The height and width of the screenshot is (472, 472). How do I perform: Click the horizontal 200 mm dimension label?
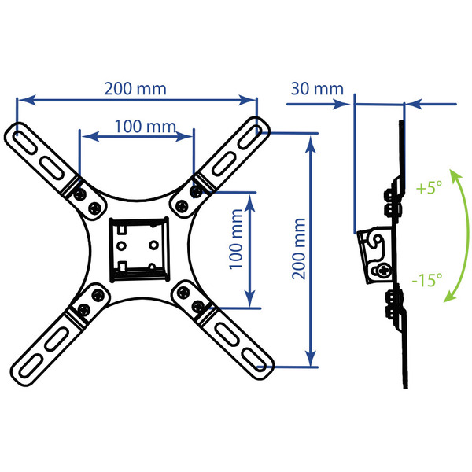[135, 89]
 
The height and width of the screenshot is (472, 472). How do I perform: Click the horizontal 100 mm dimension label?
[146, 127]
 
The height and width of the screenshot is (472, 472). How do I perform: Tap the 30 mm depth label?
[317, 89]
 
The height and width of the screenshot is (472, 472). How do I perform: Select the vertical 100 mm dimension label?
[236, 239]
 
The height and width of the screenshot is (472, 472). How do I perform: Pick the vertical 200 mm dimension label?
[299, 249]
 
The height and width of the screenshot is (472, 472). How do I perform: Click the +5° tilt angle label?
[429, 188]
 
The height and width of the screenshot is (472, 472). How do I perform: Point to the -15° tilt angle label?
[427, 279]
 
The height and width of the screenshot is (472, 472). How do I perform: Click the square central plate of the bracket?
[139, 249]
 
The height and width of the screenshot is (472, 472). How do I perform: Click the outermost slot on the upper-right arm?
[249, 137]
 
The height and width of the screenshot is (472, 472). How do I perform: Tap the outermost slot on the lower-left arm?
[30, 366]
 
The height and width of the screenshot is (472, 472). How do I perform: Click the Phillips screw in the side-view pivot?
[384, 270]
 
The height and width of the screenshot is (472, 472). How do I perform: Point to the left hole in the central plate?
[121, 246]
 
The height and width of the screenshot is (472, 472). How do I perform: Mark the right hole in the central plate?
[154, 245]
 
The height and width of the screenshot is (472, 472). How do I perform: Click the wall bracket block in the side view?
[374, 256]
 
